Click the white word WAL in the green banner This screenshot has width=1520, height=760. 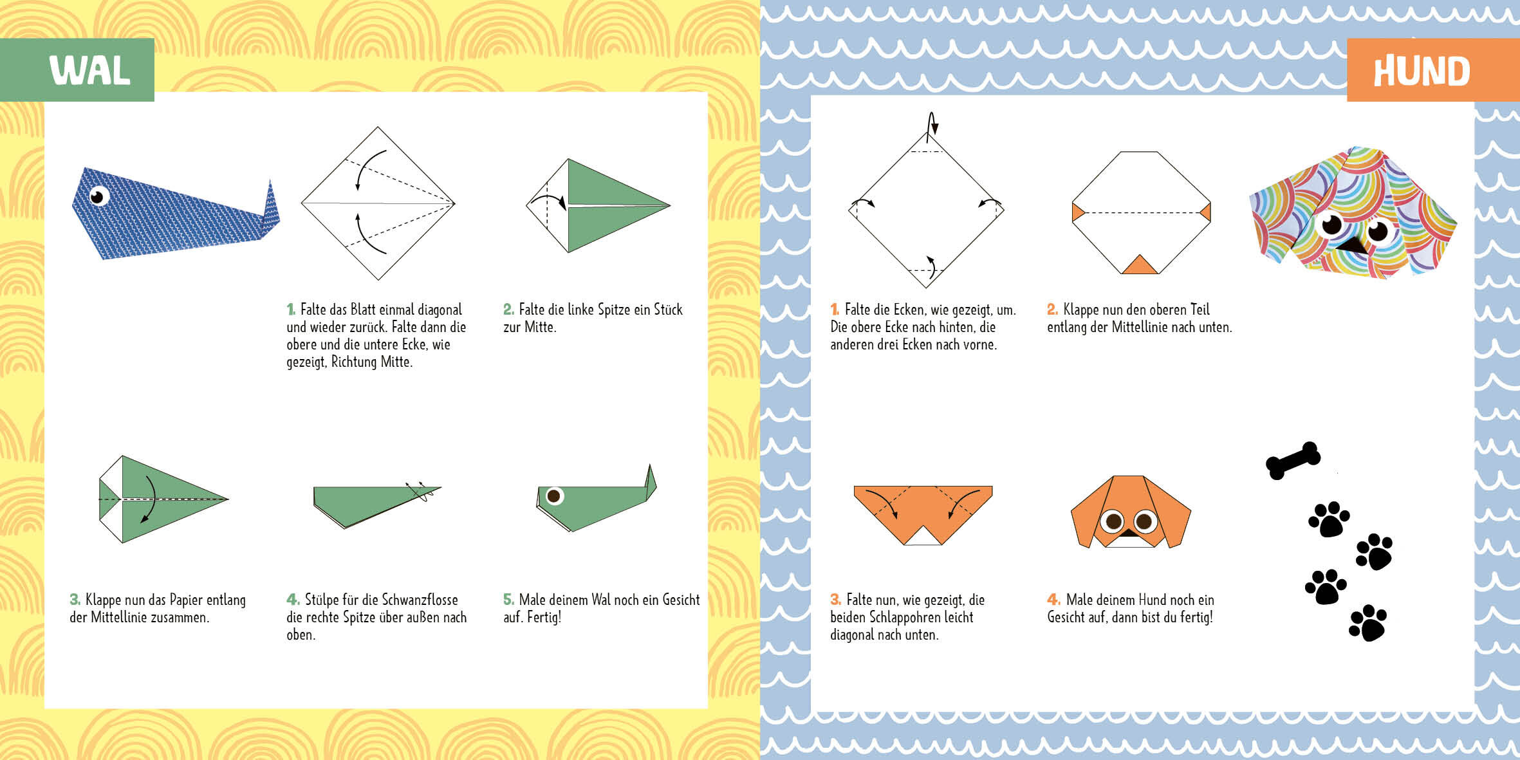tap(90, 70)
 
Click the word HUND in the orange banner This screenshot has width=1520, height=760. tap(1422, 71)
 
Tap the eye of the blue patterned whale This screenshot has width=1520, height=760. tap(98, 196)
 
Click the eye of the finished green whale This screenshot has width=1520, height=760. tap(553, 496)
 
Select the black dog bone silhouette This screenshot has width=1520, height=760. tap(1293, 460)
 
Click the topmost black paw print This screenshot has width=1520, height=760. tap(1329, 519)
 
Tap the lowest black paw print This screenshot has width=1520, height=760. tap(1367, 622)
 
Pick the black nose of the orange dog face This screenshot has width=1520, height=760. tap(1128, 533)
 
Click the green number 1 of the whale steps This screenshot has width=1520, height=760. tap(291, 310)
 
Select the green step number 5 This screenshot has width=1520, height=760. tap(508, 600)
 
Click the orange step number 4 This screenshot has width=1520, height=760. tap(1053, 600)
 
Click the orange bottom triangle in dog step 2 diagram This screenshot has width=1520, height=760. tap(1140, 264)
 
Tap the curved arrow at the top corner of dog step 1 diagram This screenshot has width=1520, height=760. tap(931, 125)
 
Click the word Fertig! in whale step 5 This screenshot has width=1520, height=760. tap(544, 618)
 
